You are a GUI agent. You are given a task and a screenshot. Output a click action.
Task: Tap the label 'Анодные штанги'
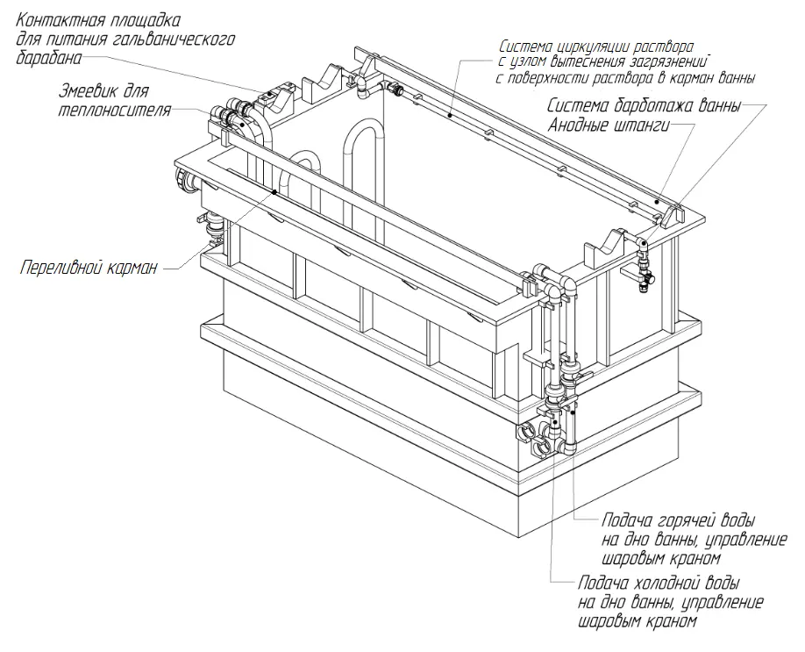[609, 125]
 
